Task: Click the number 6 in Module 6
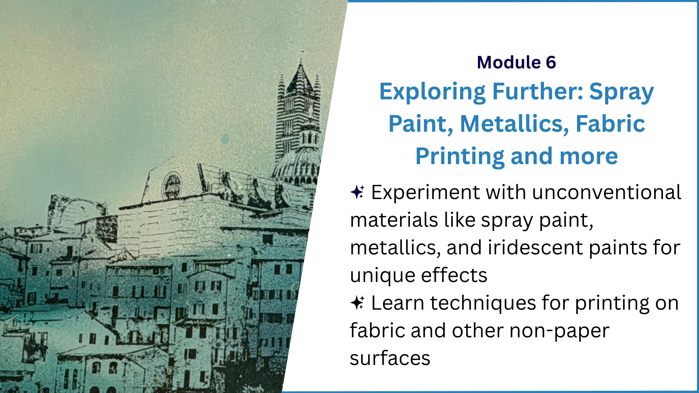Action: [551, 62]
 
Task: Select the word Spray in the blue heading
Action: [621, 92]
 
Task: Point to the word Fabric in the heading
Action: [611, 124]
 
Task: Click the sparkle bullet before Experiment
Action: [358, 192]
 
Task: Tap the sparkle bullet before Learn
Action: [358, 302]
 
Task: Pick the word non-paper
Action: [559, 331]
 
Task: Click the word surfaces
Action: [390, 358]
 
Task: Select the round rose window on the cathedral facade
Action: [172, 185]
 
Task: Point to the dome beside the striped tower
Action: [297, 166]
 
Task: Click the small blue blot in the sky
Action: [225, 139]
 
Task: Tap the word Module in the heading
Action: [509, 62]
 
